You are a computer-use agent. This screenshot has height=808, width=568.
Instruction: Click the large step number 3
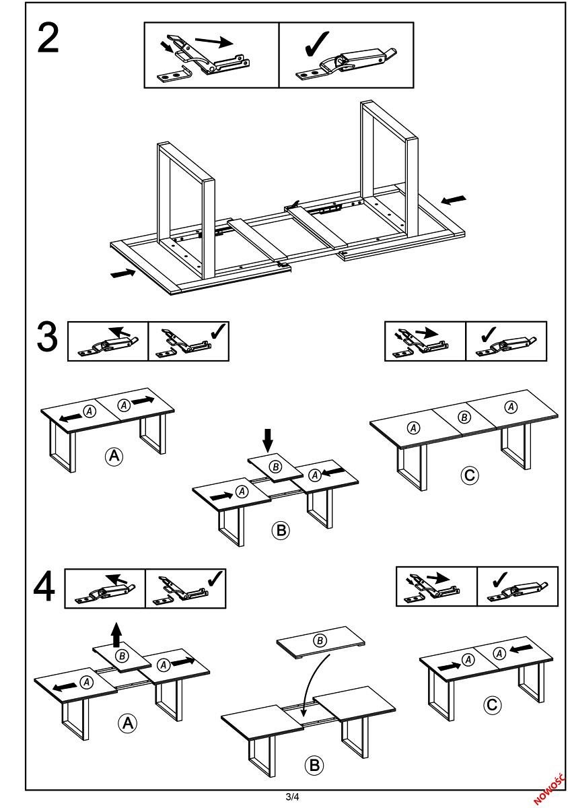(48, 337)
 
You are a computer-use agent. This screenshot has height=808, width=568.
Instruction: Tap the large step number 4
(44, 587)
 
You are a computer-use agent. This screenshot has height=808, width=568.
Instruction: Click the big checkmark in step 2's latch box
(317, 44)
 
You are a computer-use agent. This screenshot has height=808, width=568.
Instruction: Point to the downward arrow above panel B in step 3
(269, 439)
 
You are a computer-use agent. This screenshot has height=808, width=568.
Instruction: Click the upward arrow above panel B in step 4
(117, 634)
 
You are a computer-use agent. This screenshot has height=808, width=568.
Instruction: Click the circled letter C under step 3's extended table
(469, 475)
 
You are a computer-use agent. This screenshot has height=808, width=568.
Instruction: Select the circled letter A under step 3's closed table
(114, 457)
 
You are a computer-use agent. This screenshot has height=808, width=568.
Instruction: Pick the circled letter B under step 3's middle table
(280, 530)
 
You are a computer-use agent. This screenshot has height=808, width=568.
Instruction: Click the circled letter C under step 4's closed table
(493, 705)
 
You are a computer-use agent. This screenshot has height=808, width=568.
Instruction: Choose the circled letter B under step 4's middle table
(314, 765)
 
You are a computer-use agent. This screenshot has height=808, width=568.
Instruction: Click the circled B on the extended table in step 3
(464, 417)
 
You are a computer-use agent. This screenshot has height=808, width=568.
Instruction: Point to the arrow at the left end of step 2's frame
(122, 273)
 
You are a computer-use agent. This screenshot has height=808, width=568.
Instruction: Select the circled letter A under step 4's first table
(127, 723)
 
